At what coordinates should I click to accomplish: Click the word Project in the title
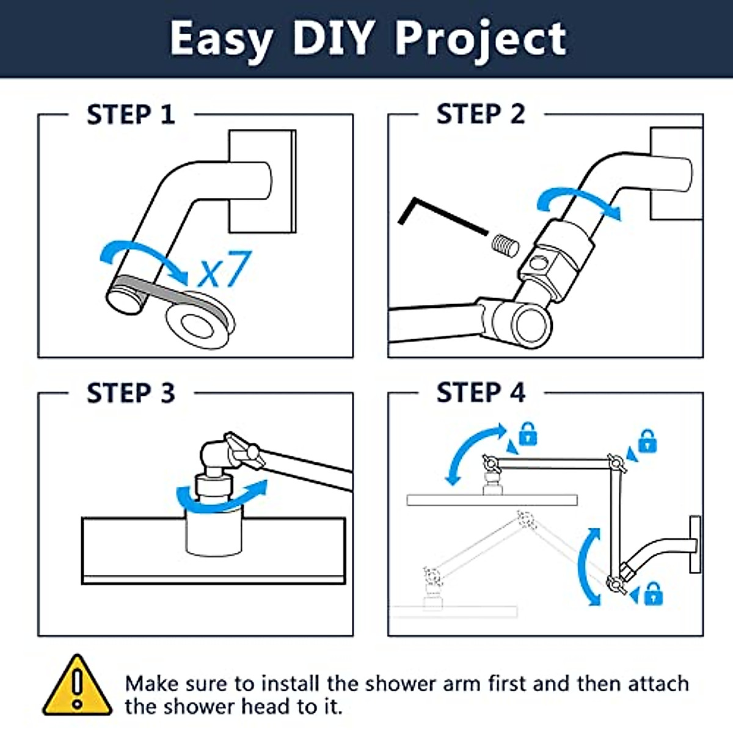[x=481, y=39]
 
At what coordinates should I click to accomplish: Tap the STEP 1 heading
[x=131, y=115]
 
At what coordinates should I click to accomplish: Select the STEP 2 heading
[x=481, y=114]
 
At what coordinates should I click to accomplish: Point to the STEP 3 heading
[x=131, y=393]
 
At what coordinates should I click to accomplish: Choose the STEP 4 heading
[x=481, y=392]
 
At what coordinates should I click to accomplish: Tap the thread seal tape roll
[x=199, y=319]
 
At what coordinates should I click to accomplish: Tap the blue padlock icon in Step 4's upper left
[x=528, y=434]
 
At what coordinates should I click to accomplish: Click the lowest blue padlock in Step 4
[x=653, y=593]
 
